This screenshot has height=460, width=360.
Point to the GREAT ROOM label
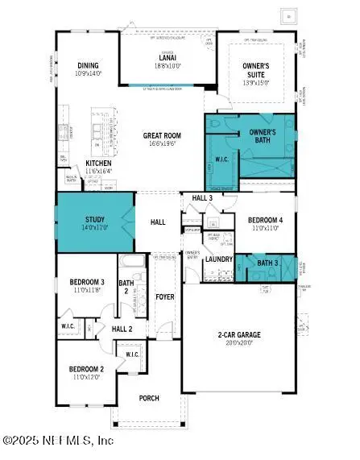tap(165, 136)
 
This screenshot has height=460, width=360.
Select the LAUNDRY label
tap(219, 259)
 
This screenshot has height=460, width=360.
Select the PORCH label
tap(148, 398)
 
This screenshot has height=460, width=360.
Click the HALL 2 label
tap(122, 329)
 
